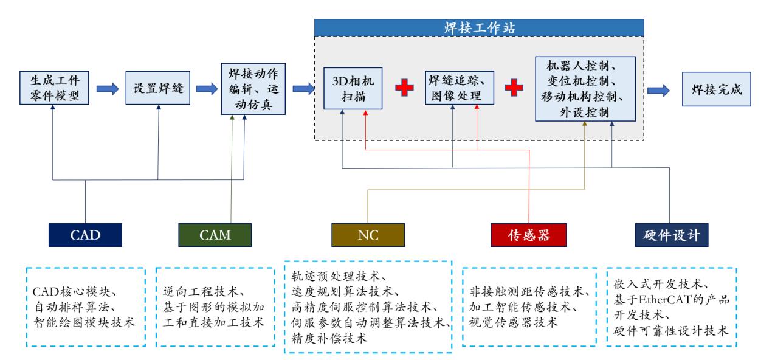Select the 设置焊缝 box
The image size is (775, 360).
[158, 88]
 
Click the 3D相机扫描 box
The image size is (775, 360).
[353, 89]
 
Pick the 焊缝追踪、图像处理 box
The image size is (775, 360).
[459, 88]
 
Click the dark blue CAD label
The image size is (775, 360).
[85, 235]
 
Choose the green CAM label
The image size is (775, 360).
[215, 235]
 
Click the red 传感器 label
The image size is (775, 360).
[528, 235]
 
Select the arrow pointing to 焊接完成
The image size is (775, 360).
[660, 89]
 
